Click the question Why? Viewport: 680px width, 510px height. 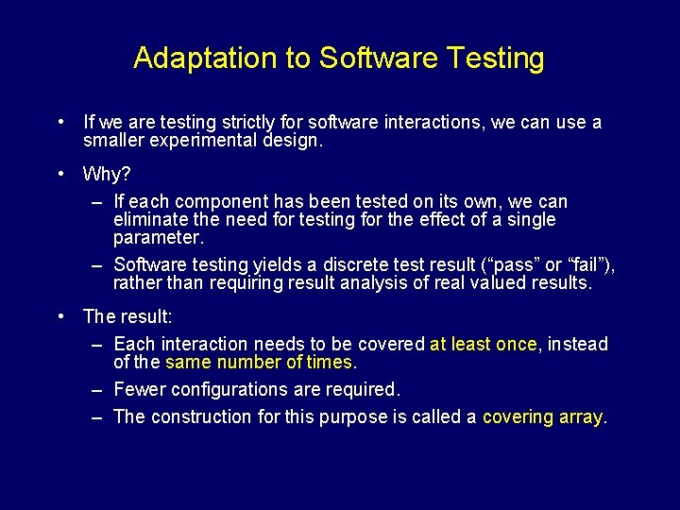107,175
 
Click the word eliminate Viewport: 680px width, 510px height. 147,219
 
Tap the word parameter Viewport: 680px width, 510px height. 156,237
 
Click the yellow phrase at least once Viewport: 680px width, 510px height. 483,345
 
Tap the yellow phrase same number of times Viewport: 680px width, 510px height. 258,363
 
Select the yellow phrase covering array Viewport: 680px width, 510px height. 541,416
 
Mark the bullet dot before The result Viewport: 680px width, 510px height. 60,316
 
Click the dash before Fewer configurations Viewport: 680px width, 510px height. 97,389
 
